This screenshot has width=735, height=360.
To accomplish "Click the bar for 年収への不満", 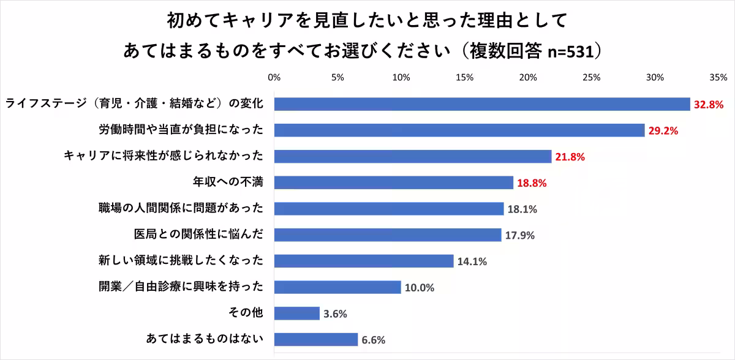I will click(x=393, y=182).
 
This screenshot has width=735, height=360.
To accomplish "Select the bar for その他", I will click(x=297, y=313).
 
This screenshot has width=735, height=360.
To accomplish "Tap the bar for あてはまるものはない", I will click(x=316, y=340).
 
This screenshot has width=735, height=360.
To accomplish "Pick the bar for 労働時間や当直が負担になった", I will click(x=459, y=130).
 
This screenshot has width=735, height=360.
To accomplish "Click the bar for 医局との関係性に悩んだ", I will click(x=388, y=235).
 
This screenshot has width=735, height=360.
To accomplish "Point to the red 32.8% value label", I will click(x=709, y=105).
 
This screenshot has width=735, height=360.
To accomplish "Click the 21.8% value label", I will click(x=570, y=157).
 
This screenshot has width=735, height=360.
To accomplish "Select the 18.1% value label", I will click(x=522, y=209).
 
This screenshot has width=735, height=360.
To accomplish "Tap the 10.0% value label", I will click(x=419, y=288).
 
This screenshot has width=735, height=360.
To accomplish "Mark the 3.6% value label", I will click(x=335, y=314).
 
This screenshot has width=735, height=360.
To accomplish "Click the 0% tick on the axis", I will click(x=274, y=78).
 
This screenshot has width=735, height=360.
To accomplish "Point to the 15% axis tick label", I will click(x=464, y=78).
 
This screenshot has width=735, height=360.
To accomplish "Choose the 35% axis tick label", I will click(x=718, y=78).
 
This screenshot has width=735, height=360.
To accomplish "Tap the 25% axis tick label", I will click(x=591, y=78).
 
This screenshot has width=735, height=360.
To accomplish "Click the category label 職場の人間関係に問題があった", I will click(x=181, y=209).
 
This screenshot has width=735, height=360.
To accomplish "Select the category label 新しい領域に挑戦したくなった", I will click(x=181, y=261).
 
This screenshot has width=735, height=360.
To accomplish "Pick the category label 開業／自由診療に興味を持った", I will click(x=181, y=287).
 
